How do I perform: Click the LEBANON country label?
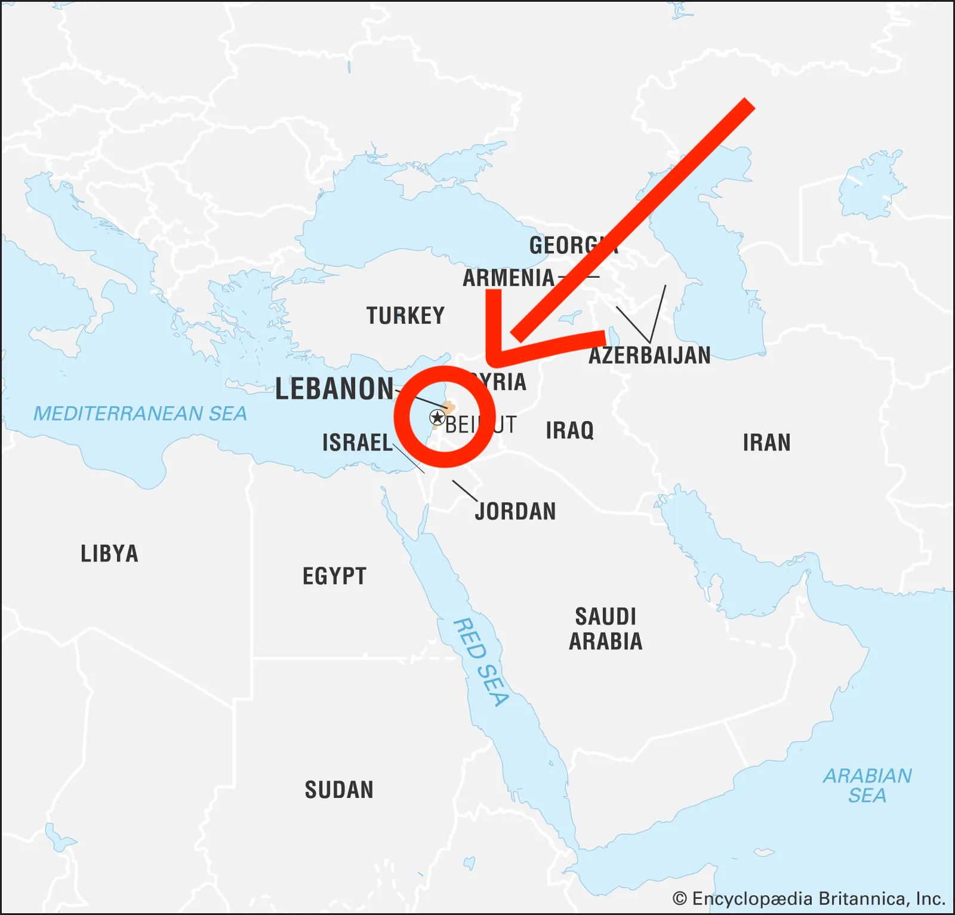pos(334,389)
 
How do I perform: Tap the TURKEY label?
pos(405,315)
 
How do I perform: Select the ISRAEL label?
pos(357,443)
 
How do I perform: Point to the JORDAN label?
pos(516,511)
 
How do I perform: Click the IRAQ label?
pos(569,430)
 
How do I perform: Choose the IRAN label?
pos(766,443)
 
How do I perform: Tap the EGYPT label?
pos(334,576)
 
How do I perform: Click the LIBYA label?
pos(109,554)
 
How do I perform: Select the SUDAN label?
pos(339,790)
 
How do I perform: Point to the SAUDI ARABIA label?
pos(605,628)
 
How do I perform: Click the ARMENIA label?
pos(509,278)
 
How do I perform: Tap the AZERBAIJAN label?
pos(649,355)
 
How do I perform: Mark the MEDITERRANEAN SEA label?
pos(140,413)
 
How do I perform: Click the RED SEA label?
pos(481,662)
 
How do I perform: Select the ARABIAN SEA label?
pos(867,785)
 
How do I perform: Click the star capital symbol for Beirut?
pos(437,417)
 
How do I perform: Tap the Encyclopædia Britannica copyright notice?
pos(809,898)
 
